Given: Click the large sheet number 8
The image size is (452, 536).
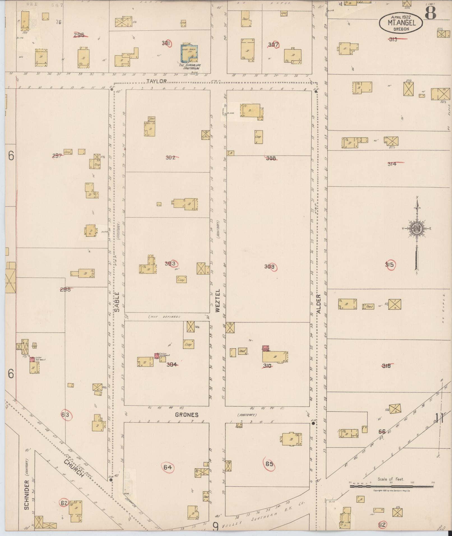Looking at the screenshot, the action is [x=430, y=13].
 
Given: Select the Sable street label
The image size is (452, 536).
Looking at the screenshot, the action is [x=117, y=302].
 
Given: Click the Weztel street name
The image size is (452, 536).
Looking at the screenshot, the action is [x=218, y=301].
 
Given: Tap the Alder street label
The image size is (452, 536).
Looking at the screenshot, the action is [x=318, y=303].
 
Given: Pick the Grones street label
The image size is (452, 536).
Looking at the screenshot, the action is [x=187, y=415].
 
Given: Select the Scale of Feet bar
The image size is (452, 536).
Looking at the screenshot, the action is [x=391, y=486].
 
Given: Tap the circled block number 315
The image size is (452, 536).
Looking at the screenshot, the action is [x=390, y=265].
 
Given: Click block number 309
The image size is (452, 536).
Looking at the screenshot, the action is [x=270, y=267].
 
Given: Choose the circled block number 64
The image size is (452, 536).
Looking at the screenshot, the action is [x=168, y=467].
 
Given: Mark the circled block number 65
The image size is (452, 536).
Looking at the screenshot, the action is [x=269, y=464].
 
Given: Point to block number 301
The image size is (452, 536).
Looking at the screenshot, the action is [x=166, y=43].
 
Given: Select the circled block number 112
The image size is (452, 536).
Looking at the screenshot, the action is [x=382, y=525].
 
